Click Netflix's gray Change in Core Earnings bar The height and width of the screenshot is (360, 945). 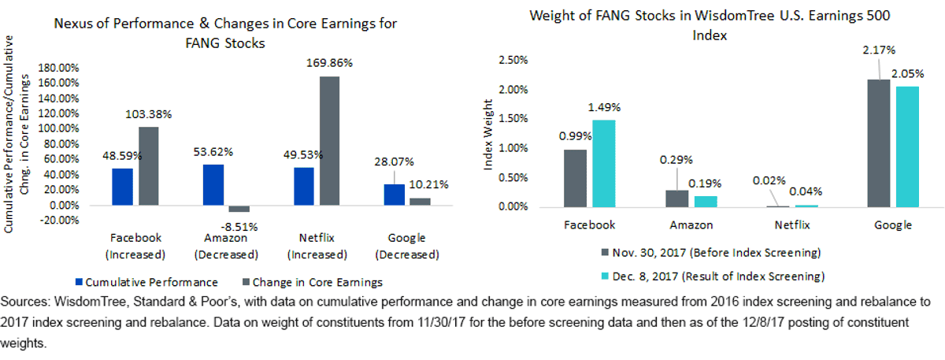[x=329, y=141]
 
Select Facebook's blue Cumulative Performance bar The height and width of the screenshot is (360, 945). [x=122, y=187]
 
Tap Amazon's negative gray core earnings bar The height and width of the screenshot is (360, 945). [x=239, y=209]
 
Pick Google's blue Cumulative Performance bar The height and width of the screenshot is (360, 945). [x=395, y=195]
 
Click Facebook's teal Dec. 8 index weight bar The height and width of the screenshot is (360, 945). [x=604, y=164]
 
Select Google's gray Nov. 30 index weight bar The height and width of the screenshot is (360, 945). [x=879, y=143]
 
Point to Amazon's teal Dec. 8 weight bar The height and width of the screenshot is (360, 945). [x=706, y=202]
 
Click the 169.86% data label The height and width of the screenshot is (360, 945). [x=329, y=63]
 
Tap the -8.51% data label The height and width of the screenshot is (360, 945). [x=239, y=227]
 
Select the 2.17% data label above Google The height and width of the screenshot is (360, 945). [x=879, y=50]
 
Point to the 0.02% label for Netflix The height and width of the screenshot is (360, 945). [x=769, y=180]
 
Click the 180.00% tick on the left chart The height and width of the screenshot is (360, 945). [x=58, y=68]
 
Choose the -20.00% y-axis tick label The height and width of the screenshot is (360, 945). [x=58, y=221]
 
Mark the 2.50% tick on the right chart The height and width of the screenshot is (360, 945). [x=513, y=60]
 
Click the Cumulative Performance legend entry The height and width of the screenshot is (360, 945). [x=146, y=282]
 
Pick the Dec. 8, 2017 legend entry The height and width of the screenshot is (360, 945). [x=713, y=276]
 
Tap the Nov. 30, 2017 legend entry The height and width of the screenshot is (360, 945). [x=711, y=253]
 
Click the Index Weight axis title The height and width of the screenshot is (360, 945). [x=487, y=135]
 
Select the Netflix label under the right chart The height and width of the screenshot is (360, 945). [x=792, y=225]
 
